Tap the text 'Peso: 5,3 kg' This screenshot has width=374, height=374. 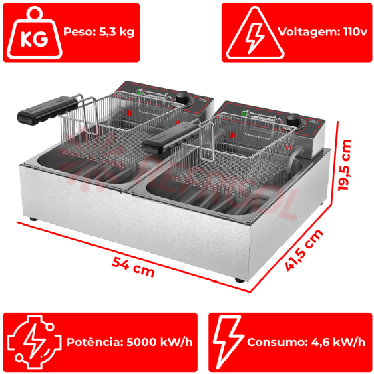[x=99, y=32]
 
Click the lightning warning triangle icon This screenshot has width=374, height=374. [x=255, y=33]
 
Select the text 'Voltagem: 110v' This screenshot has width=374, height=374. [x=323, y=32]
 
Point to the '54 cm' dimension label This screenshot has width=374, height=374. [x=133, y=267]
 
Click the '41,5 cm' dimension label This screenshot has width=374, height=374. [x=304, y=250]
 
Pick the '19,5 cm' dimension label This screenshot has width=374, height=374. [x=345, y=165]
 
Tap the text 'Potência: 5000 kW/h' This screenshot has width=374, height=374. [x=130, y=342]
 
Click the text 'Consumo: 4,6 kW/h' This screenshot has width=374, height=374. [x=306, y=342]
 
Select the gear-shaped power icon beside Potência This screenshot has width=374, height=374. [x=35, y=342]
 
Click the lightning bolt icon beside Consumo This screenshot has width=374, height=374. [x=228, y=342]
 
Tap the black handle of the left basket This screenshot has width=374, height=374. [x=48, y=110]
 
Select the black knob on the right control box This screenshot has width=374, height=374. [x=293, y=120]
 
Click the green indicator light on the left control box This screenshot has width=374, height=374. [x=140, y=92]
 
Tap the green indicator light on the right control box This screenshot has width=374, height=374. [x=244, y=113]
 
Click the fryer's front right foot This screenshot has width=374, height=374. [x=240, y=280]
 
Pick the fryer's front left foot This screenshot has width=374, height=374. [x=33, y=219]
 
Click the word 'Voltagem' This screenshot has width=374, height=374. [x=309, y=32]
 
